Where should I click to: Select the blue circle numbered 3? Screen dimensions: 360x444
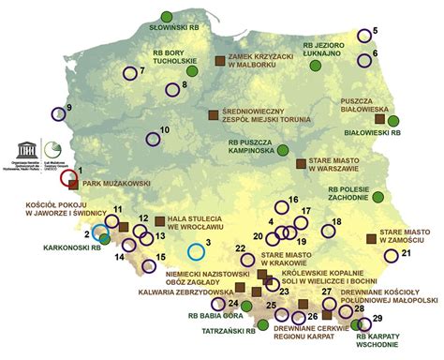[x=195, y=251]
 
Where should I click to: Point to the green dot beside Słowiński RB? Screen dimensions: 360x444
[x=167, y=16]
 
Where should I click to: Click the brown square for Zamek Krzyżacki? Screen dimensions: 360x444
[x=220, y=60]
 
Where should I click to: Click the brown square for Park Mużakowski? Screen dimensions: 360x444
[x=74, y=186]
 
